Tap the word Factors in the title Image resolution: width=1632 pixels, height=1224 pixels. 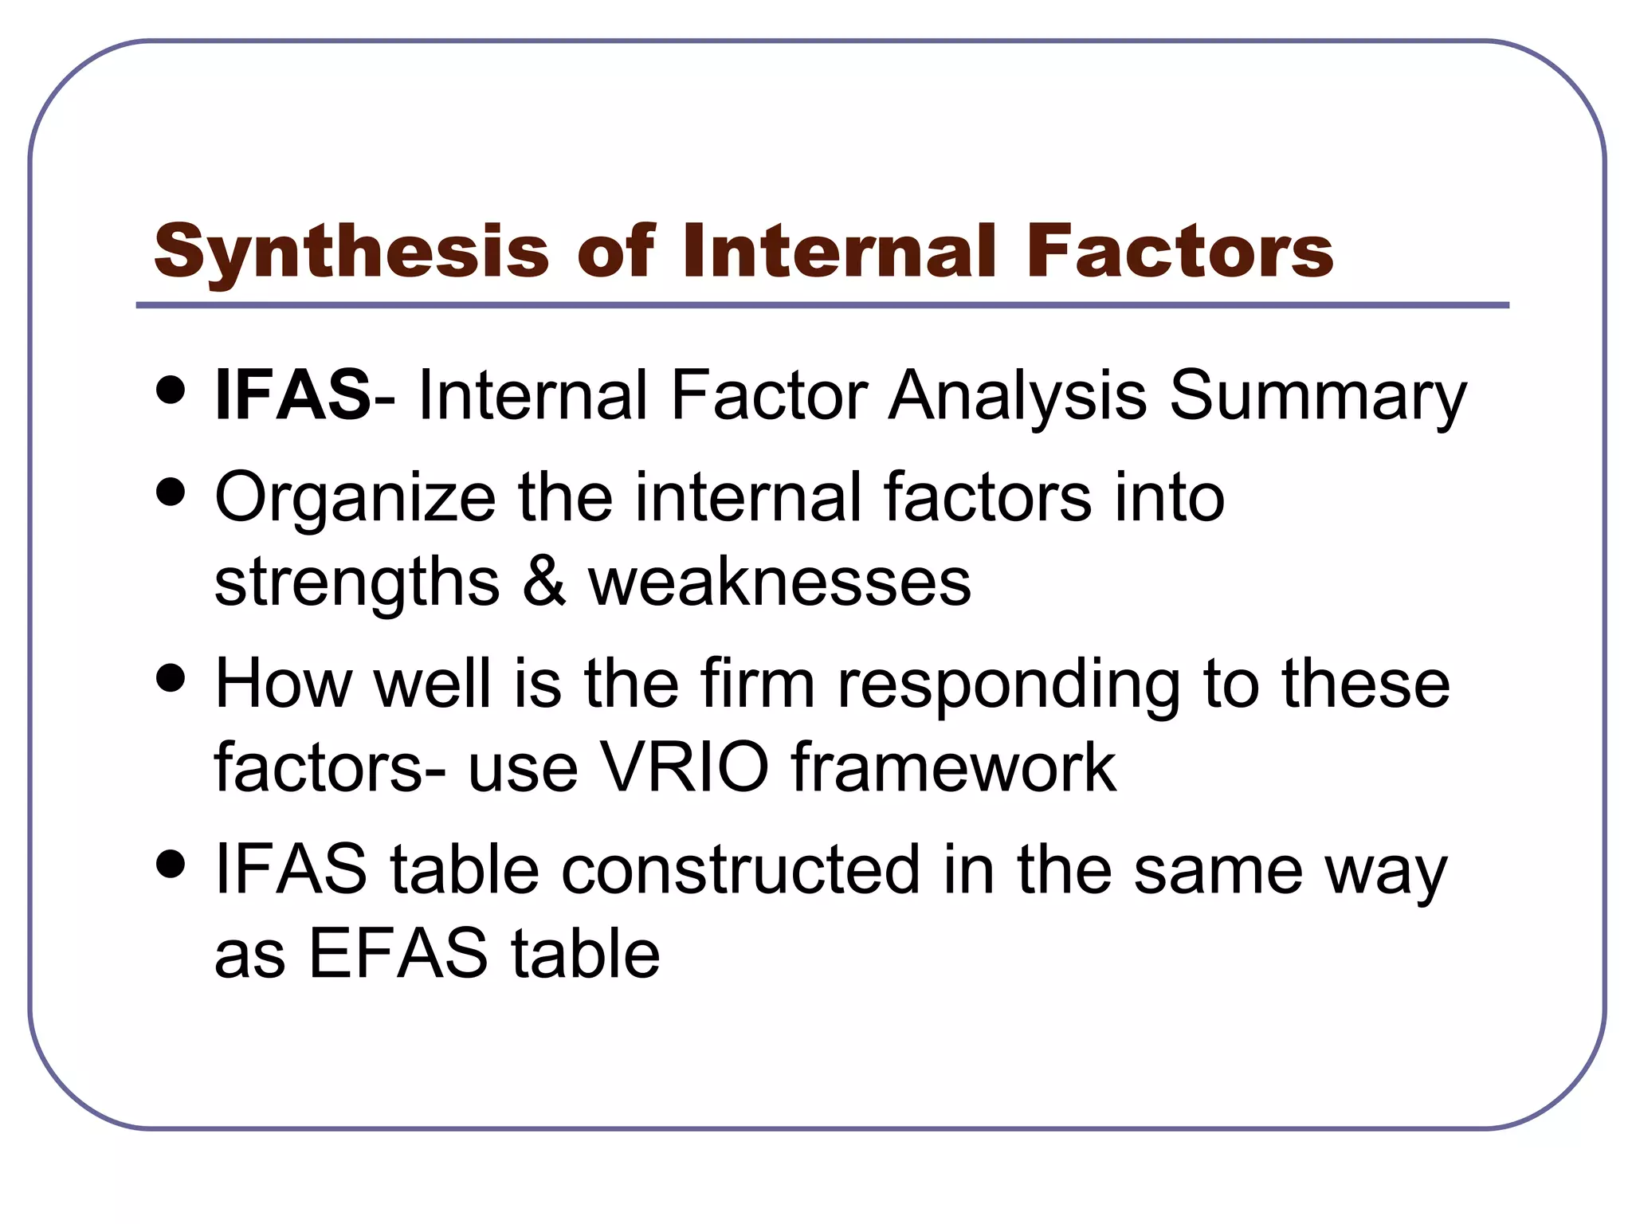tap(1180, 251)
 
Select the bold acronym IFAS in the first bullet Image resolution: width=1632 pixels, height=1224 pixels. tap(292, 394)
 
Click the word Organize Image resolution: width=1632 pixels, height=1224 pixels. tap(355, 499)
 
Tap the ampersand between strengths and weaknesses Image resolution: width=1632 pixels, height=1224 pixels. tap(544, 582)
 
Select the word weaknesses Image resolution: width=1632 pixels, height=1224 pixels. tap(779, 583)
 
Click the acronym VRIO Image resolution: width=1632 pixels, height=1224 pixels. tap(685, 767)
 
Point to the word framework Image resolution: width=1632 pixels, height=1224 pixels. tap(953, 767)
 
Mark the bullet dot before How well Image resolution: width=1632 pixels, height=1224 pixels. tap(171, 679)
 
